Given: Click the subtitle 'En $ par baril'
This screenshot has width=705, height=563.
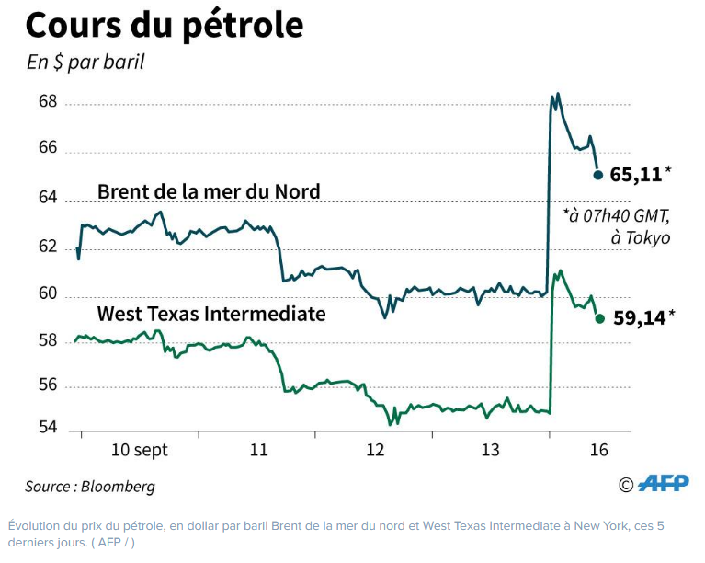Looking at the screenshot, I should click(x=85, y=63).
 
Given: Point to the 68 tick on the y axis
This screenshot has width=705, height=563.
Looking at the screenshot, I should click(x=48, y=102).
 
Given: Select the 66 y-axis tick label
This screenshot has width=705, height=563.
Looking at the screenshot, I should click(x=48, y=148).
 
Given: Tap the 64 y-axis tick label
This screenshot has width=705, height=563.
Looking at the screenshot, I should click(x=48, y=199).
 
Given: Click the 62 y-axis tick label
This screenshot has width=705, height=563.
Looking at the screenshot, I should click(x=48, y=247).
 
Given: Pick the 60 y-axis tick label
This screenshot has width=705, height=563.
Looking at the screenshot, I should click(x=48, y=295).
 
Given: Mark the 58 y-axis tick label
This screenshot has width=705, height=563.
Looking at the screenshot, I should click(x=48, y=339).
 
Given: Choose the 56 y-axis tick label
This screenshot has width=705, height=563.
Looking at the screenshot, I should click(x=48, y=386).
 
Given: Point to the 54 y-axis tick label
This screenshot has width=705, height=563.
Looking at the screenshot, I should click(x=48, y=429).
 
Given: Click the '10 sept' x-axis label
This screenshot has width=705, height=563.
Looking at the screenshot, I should click(x=140, y=450).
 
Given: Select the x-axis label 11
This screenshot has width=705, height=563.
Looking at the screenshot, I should click(x=258, y=450).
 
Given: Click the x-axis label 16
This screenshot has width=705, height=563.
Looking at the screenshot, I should click(x=598, y=450).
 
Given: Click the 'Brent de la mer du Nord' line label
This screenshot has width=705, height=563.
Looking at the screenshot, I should click(x=209, y=191).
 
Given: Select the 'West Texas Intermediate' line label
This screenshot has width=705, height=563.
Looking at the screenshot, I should click(x=211, y=314).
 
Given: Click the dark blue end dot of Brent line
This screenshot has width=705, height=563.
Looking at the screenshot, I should click(x=598, y=174).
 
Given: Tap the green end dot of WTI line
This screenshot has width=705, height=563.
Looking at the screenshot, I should click(x=599, y=319).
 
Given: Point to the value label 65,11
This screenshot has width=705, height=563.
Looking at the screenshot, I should click(x=636, y=173).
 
